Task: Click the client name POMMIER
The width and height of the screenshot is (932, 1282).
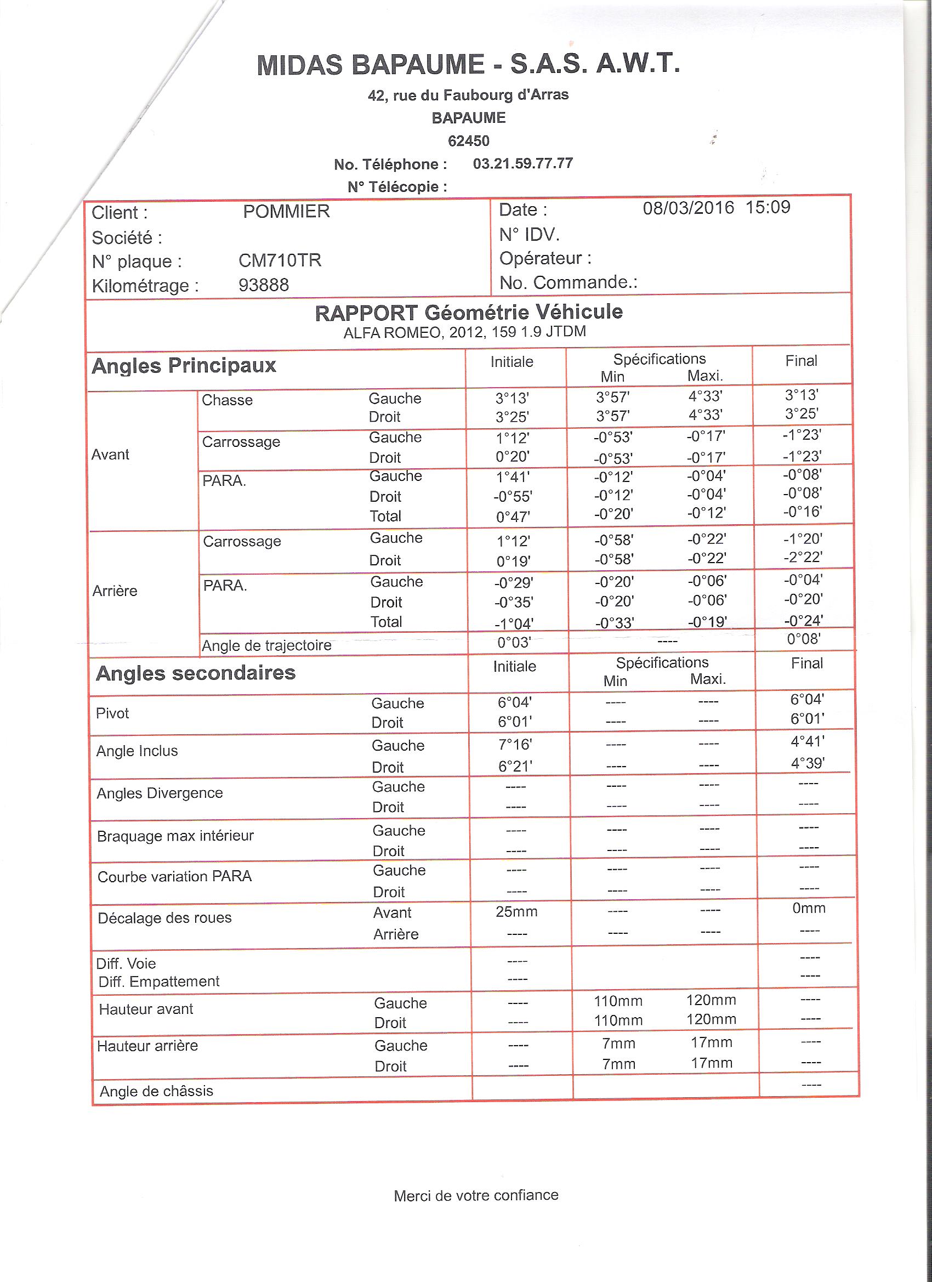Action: point(286,212)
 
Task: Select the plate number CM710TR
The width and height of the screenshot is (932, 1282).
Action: point(280,260)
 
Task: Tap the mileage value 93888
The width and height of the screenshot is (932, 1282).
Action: point(263,285)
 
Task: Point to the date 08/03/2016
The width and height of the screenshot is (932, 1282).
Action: point(688,208)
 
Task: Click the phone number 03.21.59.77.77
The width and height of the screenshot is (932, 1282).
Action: point(523,164)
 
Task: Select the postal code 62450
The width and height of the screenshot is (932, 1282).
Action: point(469,141)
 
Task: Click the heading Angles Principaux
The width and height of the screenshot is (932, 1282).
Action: point(184,366)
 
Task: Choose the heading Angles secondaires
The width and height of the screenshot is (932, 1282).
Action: point(196,673)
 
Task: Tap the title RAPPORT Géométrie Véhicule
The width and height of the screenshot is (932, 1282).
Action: point(469,312)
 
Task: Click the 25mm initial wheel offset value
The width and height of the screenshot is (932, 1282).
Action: point(516,912)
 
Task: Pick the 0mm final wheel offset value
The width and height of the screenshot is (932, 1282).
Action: point(809,909)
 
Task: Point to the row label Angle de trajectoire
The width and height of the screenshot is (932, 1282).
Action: point(266,645)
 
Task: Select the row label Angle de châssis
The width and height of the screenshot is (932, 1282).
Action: point(157,1091)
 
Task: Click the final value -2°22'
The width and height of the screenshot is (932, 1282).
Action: point(803,557)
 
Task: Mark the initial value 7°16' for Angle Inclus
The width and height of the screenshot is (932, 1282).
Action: point(515,745)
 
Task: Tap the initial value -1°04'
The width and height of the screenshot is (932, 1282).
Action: point(514,623)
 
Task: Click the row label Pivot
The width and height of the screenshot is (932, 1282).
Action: point(112,713)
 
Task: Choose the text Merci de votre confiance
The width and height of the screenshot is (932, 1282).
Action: point(476,1195)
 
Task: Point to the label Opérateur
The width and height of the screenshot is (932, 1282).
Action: point(545,258)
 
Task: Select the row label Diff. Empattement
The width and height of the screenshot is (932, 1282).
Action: point(159,982)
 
